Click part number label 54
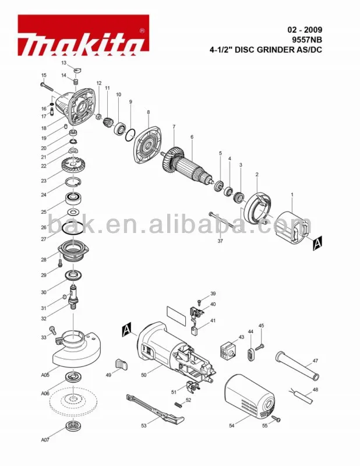coord(232,426)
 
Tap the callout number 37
coord(220,240)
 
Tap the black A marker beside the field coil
coord(317,244)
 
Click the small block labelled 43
coord(227,351)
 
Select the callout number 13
coord(64,62)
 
